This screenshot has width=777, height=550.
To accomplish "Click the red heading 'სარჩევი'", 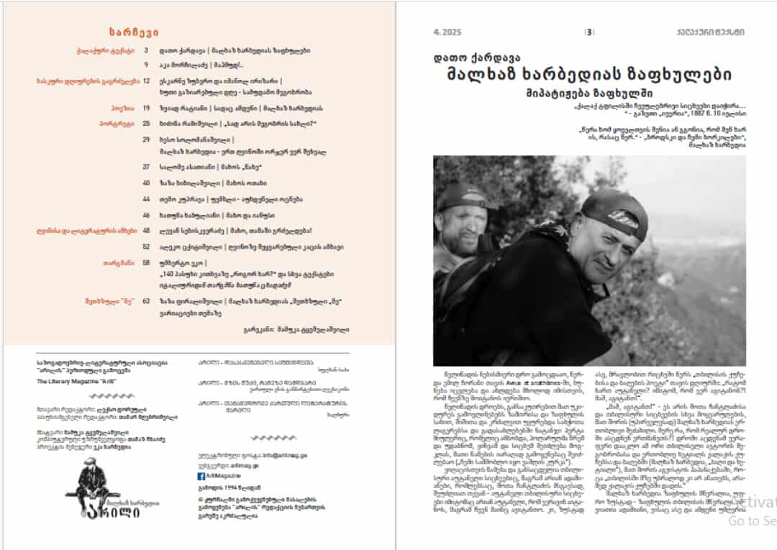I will (134, 32).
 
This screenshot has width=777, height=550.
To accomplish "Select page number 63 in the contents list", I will (146, 301).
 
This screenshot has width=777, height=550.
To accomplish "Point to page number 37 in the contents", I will (146, 166).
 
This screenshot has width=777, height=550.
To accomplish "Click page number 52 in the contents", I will (146, 246).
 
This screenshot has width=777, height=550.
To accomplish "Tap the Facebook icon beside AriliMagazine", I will (201, 476).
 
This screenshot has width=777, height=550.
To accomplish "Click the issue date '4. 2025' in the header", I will (447, 32).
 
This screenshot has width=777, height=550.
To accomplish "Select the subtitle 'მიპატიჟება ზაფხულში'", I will (589, 92).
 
